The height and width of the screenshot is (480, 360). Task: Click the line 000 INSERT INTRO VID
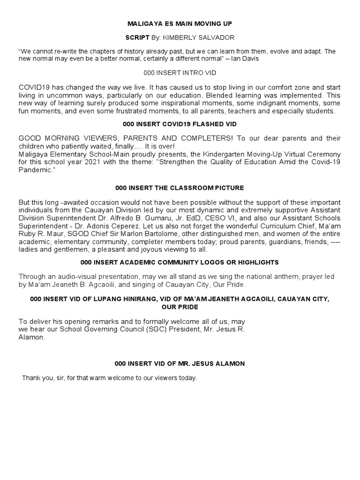pos(180,74)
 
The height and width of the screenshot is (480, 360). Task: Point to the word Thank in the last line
pos(31,378)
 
